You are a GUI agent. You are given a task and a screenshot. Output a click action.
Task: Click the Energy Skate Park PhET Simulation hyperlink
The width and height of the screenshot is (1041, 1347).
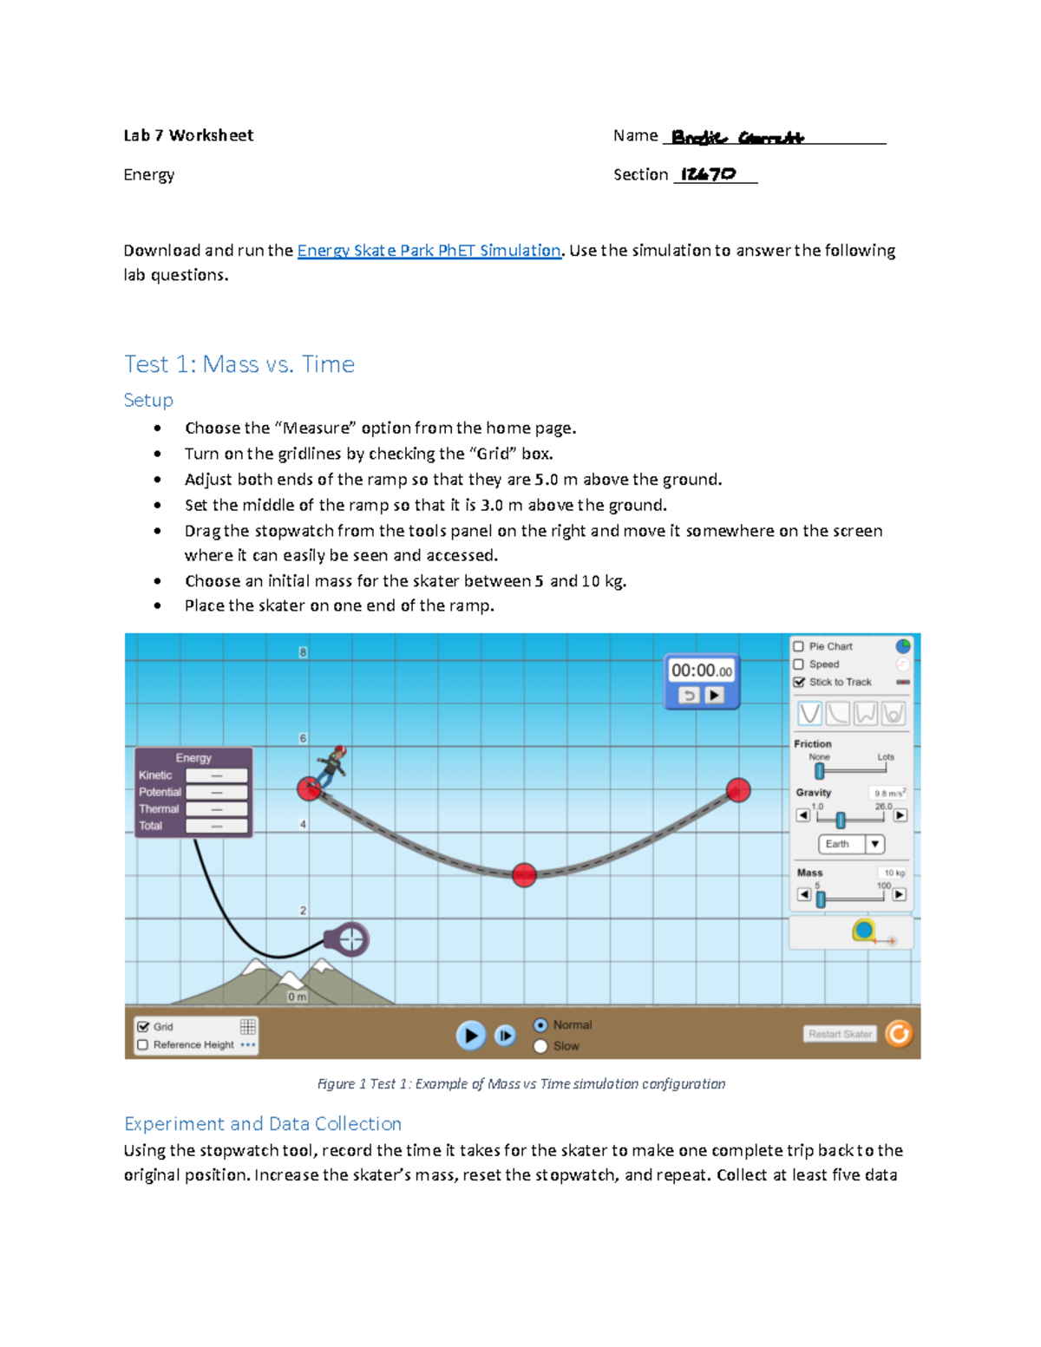[x=429, y=251]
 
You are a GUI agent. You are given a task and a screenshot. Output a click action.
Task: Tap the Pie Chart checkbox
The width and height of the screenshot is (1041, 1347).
[x=798, y=646]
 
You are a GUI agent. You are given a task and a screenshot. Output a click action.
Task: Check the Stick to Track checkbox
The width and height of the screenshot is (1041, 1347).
[x=798, y=682]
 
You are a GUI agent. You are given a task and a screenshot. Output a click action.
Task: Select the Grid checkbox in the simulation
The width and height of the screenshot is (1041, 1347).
[x=143, y=1026]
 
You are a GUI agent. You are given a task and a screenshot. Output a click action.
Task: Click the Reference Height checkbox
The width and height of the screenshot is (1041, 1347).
[x=143, y=1045]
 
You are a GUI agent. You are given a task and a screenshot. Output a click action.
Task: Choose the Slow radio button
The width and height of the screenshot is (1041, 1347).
[x=540, y=1046]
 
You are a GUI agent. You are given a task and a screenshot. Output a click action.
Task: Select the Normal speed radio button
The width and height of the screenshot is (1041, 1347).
[x=540, y=1025]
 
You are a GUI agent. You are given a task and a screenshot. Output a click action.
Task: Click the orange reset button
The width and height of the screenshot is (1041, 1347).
[x=899, y=1034]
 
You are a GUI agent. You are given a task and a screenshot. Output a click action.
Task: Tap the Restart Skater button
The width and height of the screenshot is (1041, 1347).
[x=840, y=1034]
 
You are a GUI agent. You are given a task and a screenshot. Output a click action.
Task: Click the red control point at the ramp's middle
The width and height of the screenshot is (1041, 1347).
[x=524, y=875]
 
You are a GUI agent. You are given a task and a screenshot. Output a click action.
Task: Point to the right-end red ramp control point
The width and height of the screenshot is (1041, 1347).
[x=738, y=790]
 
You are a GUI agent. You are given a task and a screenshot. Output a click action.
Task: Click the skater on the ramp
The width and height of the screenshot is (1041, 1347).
[x=331, y=766]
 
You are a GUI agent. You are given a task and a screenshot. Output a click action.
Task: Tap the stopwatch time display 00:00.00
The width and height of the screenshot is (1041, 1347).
[x=701, y=670]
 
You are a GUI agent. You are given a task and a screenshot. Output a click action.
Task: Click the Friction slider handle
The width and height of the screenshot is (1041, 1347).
[x=820, y=771]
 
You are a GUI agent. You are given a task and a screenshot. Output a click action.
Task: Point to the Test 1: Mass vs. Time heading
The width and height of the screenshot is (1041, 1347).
[x=239, y=364]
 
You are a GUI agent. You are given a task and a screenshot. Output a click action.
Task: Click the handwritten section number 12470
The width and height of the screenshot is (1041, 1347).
[x=708, y=174]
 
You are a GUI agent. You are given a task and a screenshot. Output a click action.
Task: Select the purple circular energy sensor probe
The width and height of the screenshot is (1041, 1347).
[x=350, y=939]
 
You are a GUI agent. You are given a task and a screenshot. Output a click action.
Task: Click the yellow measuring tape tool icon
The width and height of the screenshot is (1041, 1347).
[x=864, y=932]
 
